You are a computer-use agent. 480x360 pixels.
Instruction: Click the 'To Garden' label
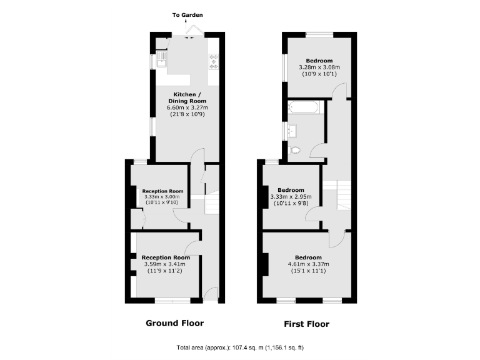[x=187, y=15]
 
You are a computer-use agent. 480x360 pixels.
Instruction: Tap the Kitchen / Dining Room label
[x=186, y=97]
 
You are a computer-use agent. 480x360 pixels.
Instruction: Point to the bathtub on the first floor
[x=304, y=108]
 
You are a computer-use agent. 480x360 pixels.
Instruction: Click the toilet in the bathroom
[x=294, y=149]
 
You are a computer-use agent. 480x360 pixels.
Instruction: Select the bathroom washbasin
[x=293, y=131]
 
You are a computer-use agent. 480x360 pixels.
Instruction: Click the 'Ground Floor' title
[x=174, y=323]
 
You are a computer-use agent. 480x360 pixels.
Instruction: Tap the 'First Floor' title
[x=306, y=324]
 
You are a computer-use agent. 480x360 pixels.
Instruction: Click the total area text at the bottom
[x=239, y=347]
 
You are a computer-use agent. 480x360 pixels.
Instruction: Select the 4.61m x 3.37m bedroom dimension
[x=308, y=264]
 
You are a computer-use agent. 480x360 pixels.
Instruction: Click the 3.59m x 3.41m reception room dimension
[x=165, y=264]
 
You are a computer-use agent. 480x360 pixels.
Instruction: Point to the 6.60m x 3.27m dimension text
[x=186, y=108]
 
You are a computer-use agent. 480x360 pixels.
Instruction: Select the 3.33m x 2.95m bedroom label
[x=291, y=197]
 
